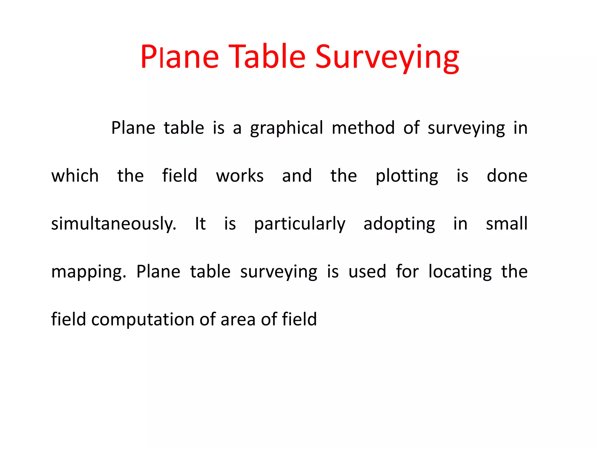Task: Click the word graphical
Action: coord(286,129)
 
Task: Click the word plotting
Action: coord(407,177)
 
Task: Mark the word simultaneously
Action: coord(114,224)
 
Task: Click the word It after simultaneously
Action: coord(200,224)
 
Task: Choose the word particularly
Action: coord(299,224)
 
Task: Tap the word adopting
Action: coord(399,224)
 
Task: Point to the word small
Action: coord(507,224)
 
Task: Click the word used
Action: coord(367,272)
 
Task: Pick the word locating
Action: coord(460,272)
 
